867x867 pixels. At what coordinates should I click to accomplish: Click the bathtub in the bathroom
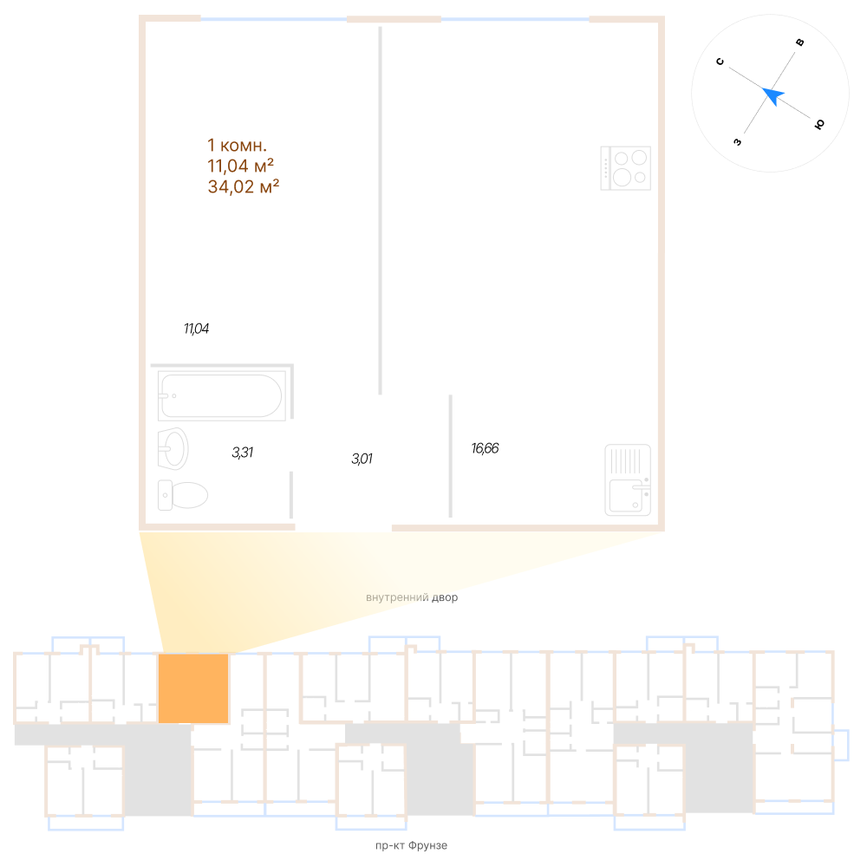(x=222, y=395)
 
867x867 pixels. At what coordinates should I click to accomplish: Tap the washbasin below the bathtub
(x=173, y=448)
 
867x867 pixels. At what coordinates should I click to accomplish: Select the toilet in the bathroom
(x=182, y=495)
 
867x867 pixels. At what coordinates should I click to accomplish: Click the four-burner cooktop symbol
(x=625, y=168)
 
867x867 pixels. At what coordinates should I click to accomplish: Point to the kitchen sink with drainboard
(x=628, y=480)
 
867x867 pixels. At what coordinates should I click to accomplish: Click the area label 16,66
(x=485, y=448)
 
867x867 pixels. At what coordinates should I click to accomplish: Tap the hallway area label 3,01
(x=362, y=459)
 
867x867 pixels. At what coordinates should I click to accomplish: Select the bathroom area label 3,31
(x=243, y=453)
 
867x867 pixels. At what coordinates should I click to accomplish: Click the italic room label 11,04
(x=196, y=329)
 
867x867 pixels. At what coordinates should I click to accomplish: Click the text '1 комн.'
(x=238, y=145)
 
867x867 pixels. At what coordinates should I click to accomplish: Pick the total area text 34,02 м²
(x=244, y=186)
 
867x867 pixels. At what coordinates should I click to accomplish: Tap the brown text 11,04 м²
(x=240, y=166)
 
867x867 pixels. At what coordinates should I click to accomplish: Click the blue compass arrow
(x=772, y=95)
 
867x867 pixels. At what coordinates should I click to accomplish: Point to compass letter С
(x=720, y=62)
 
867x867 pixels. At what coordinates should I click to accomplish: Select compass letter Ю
(x=819, y=124)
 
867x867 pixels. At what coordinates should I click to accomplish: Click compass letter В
(x=799, y=42)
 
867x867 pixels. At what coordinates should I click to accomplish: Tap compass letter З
(x=737, y=142)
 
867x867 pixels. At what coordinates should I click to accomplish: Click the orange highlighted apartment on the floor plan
(x=193, y=688)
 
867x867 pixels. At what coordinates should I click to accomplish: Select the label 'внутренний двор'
(x=412, y=597)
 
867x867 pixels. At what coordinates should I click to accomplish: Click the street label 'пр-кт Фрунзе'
(x=411, y=845)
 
